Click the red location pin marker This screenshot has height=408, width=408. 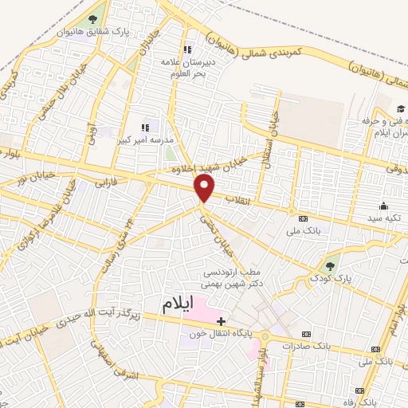pos(205,189)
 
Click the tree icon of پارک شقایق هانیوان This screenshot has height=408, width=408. pos(93,18)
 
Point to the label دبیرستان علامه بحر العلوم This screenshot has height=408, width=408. pos(189,67)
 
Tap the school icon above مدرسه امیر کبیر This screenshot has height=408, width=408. pos(145,127)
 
